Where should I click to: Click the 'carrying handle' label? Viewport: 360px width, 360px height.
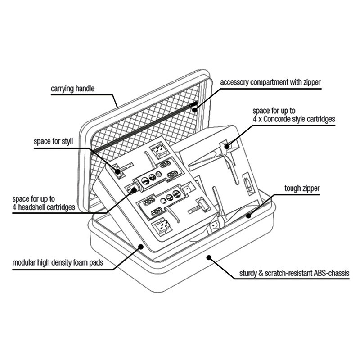coord(72,89)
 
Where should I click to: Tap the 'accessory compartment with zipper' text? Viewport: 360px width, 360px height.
coord(270,82)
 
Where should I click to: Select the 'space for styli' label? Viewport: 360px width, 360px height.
coord(53,141)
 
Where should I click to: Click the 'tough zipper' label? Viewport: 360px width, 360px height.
coord(302,189)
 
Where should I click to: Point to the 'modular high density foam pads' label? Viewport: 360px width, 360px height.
coord(58,262)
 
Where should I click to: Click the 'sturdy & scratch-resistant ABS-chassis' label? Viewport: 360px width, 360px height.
coord(294,273)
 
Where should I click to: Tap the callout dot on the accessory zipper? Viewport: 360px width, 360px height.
coord(195,110)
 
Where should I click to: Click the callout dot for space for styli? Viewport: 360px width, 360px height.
coord(117,171)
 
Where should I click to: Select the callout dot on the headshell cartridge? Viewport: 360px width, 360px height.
coord(134,189)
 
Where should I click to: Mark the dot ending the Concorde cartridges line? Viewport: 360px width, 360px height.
coord(227,146)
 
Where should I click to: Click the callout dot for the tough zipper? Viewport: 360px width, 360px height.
coord(248,216)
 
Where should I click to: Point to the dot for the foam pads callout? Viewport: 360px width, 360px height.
coord(140,247)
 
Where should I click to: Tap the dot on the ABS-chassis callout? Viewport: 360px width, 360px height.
coord(209,257)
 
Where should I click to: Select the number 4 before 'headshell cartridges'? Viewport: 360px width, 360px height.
coord(14,207)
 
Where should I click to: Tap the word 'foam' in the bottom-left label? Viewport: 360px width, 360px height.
coord(81,262)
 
